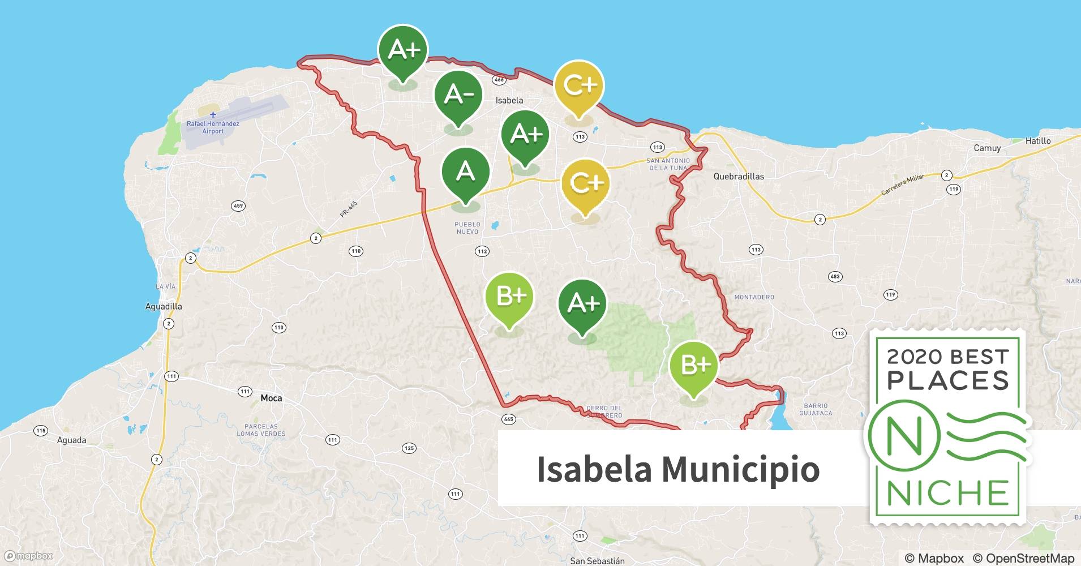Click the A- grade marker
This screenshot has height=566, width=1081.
tap(458, 95)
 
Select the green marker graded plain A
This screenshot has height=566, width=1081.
tap(465, 171)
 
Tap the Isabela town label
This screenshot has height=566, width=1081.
tap(509, 100)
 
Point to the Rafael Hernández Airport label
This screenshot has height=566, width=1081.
tap(213, 127)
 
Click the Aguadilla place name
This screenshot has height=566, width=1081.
tap(164, 306)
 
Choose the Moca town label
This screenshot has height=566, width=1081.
tap(271, 398)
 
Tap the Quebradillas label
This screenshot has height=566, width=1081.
tap(739, 176)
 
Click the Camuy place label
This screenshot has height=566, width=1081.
tap(987, 148)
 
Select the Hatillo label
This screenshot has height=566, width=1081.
tap(1038, 141)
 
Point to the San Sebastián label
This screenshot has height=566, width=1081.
tap(597, 561)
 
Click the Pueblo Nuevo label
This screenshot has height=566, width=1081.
tap(467, 228)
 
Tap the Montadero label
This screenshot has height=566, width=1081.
tap(754, 297)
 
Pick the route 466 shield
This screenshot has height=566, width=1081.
tap(499, 80)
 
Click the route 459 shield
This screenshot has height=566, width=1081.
tap(238, 206)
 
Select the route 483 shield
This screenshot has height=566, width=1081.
tap(835, 277)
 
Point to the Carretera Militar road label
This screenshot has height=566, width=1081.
tap(902, 185)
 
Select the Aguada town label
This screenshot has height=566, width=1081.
tap(72, 440)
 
